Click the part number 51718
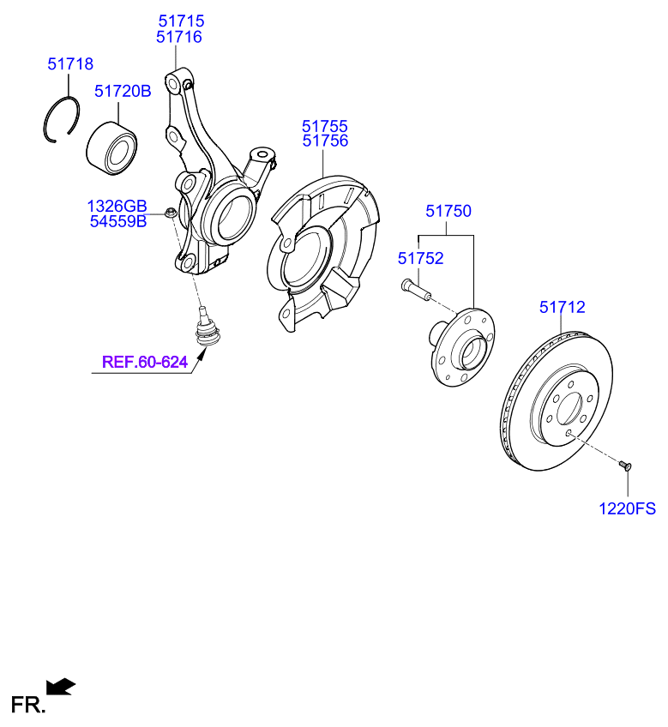pyautogui.click(x=70, y=64)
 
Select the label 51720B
pyautogui.click(x=122, y=90)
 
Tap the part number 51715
pyautogui.click(x=180, y=20)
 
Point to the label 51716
pyautogui.click(x=180, y=37)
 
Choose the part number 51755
pyautogui.click(x=324, y=126)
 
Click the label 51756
pyautogui.click(x=324, y=141)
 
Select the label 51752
pyautogui.click(x=420, y=258)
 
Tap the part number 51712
pyautogui.click(x=562, y=306)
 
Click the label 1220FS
pyautogui.click(x=627, y=508)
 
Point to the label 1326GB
pyautogui.click(x=117, y=206)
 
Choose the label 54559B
pyautogui.click(x=118, y=222)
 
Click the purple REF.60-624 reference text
pyautogui.click(x=145, y=362)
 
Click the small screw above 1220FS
pyautogui.click(x=624, y=466)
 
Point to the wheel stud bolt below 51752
pyautogui.click(x=413, y=289)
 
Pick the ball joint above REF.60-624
pyautogui.click(x=206, y=328)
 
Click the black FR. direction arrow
pyautogui.click(x=60, y=686)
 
